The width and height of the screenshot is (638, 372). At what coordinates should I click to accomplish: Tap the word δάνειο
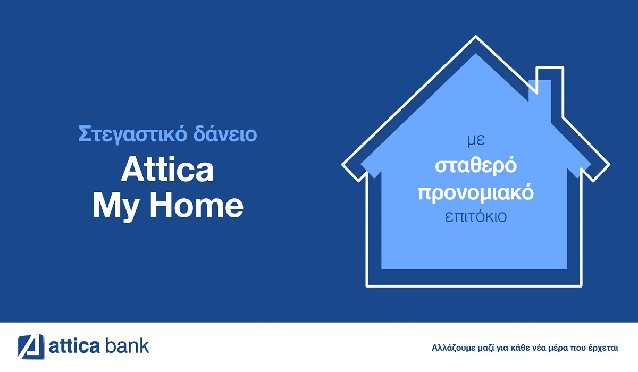(x=224, y=134)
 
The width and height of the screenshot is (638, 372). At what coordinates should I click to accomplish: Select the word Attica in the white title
(x=167, y=170)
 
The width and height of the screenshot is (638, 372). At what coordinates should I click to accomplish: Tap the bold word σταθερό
(x=476, y=166)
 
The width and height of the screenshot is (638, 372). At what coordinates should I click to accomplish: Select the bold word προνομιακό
(x=476, y=192)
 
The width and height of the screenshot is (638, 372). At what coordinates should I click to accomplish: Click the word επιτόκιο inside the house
(x=476, y=217)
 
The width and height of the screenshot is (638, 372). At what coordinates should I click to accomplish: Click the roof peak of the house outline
(x=475, y=38)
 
